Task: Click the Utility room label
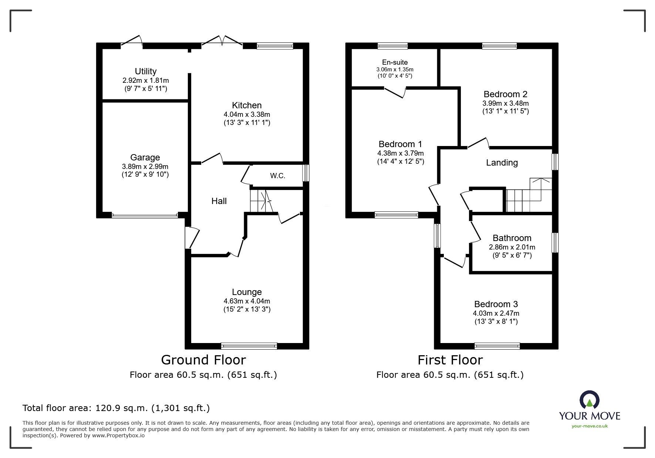click(145, 71)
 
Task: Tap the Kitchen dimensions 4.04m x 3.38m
click(247, 115)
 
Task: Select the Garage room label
click(145, 158)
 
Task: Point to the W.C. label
click(277, 176)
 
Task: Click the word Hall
click(219, 201)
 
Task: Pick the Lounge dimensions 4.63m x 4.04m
click(247, 301)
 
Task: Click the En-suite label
click(395, 62)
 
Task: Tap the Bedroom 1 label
click(400, 144)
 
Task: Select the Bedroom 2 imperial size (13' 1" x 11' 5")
click(505, 111)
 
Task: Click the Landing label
click(502, 163)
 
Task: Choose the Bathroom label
click(512, 238)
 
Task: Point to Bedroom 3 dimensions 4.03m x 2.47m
click(496, 313)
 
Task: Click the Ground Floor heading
click(203, 360)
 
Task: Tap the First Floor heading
click(450, 360)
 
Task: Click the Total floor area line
click(116, 408)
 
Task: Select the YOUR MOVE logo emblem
click(590, 400)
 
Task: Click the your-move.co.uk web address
click(590, 426)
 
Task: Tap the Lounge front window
click(249, 346)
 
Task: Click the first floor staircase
click(529, 196)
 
